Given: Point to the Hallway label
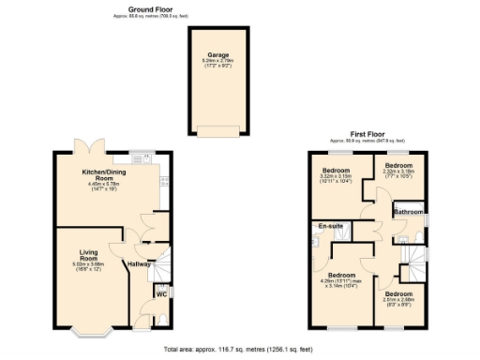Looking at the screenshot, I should (x=140, y=264).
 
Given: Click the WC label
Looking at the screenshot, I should (x=160, y=294).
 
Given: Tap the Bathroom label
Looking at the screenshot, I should (x=408, y=213).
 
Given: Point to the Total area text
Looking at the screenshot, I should (x=238, y=349).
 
